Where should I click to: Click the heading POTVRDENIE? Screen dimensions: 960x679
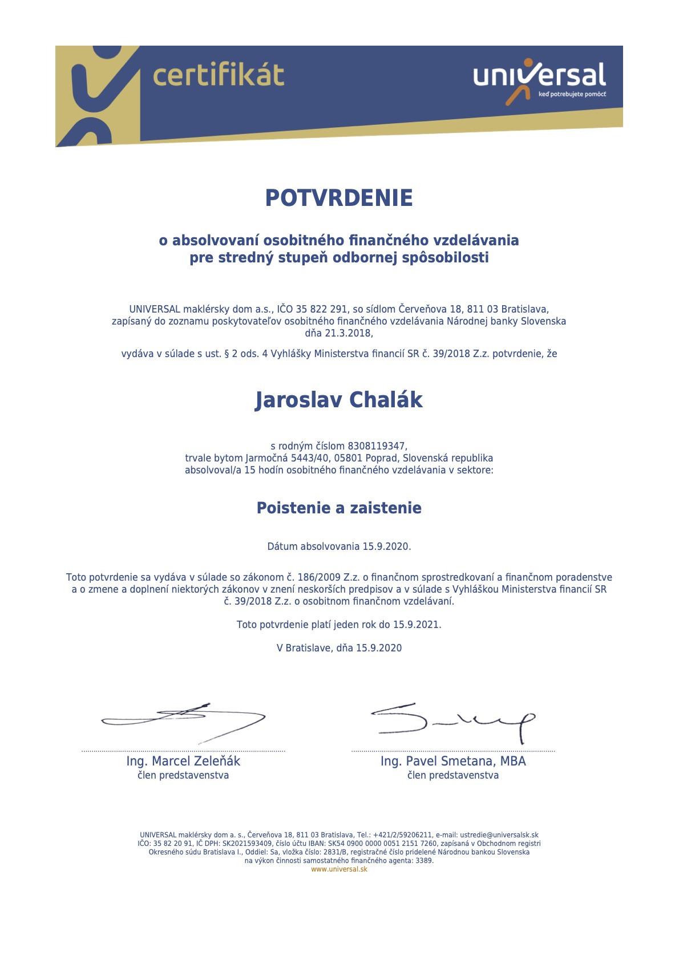click(339, 198)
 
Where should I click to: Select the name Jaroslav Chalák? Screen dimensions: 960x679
click(339, 400)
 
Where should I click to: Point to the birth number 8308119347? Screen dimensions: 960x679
click(377, 446)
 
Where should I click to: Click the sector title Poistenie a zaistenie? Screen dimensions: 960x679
click(339, 508)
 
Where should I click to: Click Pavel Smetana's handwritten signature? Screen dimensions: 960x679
click(454, 722)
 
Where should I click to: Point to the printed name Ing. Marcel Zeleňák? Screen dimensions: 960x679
click(183, 761)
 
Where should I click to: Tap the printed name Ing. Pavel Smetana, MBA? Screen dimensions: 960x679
click(453, 761)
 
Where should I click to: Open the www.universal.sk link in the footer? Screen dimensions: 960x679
click(339, 869)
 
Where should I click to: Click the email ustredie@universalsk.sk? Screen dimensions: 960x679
click(499, 835)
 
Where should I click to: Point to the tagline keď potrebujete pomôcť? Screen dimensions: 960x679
click(572, 94)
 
